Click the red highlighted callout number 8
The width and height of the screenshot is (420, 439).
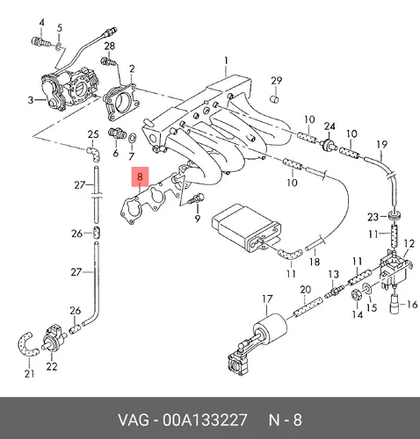[x=140, y=176]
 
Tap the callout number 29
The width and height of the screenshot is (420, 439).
[x=276, y=81]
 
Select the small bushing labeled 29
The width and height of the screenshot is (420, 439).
[x=274, y=99]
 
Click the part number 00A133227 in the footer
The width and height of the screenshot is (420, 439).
[x=205, y=420]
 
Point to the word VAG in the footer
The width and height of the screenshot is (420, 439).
[x=133, y=420]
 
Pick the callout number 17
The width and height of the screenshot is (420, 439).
[x=267, y=299]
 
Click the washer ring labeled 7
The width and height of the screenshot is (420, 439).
[x=133, y=137]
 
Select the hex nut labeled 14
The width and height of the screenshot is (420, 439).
[x=356, y=295]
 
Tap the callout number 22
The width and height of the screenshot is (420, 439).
[x=52, y=366]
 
